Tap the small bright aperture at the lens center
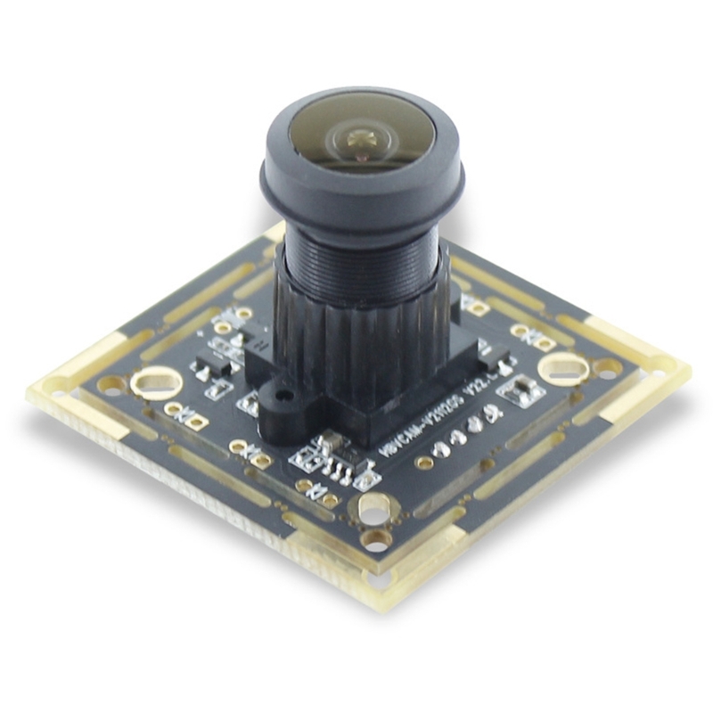click(x=361, y=136)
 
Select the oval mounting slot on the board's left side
click(x=157, y=382)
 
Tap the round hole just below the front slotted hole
click(x=377, y=539)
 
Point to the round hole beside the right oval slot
click(x=609, y=366)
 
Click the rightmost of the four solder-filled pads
click(x=492, y=414)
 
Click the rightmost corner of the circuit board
click(x=688, y=367)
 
